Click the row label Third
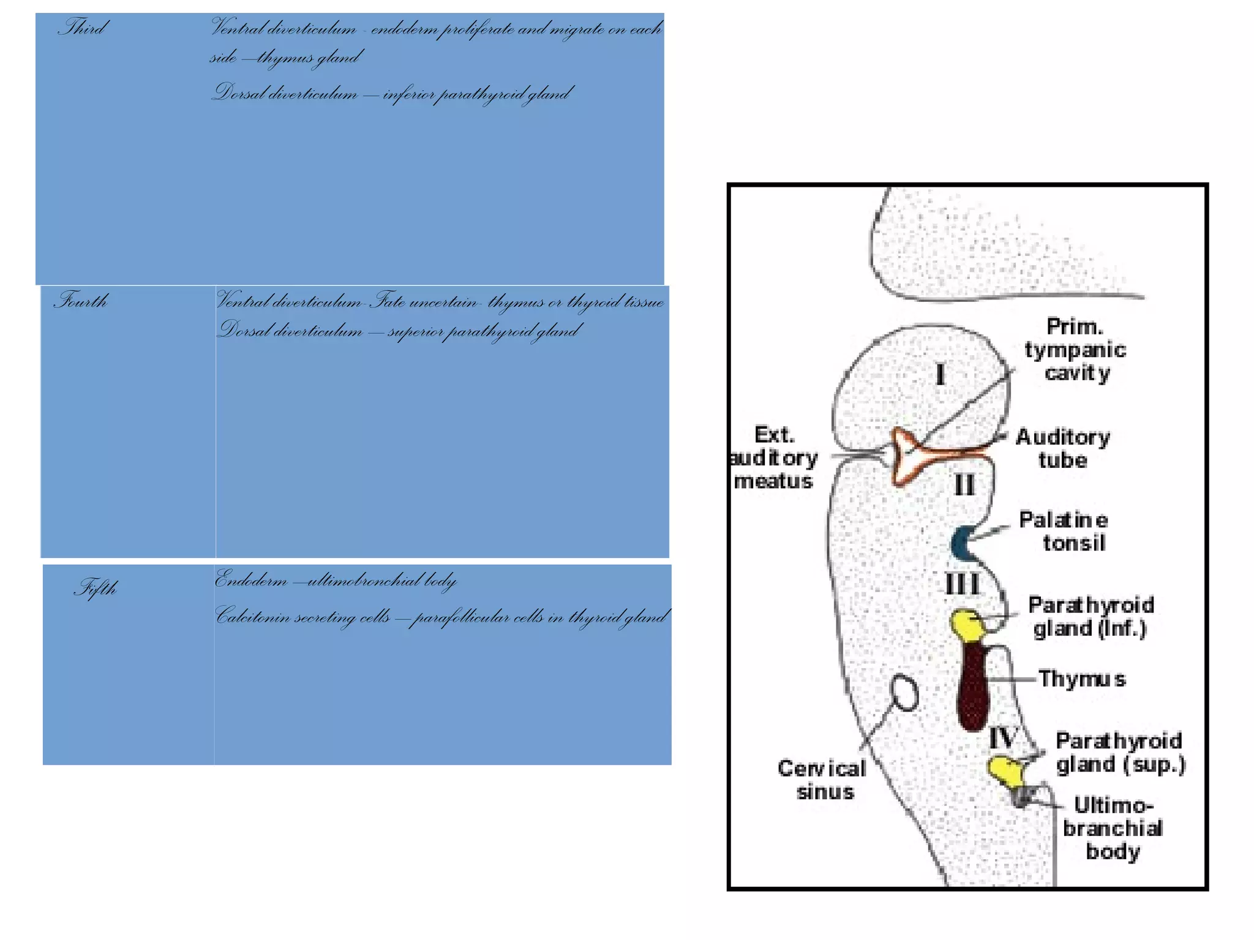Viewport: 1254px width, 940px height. click(x=83, y=28)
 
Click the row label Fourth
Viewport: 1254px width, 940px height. click(x=81, y=301)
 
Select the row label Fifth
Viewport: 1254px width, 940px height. click(x=96, y=588)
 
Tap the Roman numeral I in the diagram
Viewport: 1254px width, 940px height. click(x=940, y=374)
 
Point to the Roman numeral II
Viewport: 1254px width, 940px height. click(x=964, y=486)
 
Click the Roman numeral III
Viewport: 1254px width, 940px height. click(x=962, y=584)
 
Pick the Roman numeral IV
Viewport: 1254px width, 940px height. click(x=1003, y=739)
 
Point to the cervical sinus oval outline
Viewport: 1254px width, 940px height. click(x=904, y=693)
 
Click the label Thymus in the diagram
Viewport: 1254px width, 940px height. click(x=1082, y=679)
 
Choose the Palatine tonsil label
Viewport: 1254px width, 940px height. click(x=1064, y=532)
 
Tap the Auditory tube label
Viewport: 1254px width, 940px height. click(x=1063, y=448)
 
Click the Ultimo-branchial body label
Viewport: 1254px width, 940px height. click(x=1113, y=828)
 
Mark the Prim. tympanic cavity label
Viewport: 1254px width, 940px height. click(x=1075, y=350)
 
